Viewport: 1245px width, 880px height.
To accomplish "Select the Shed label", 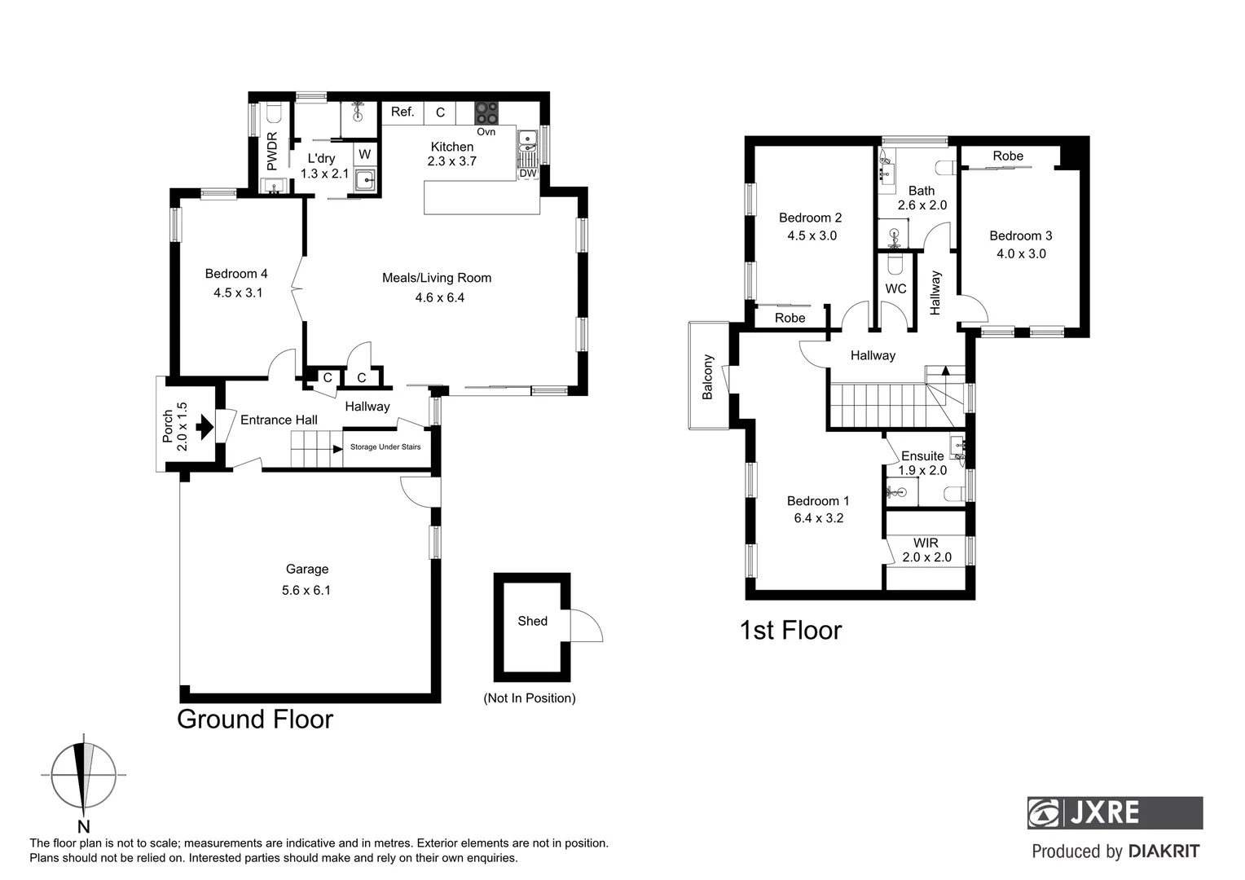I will [x=532, y=621].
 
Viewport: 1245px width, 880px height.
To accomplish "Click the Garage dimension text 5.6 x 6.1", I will [x=306, y=590].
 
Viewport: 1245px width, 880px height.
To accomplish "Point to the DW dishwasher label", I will [x=528, y=173].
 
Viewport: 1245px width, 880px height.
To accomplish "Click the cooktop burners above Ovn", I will [x=486, y=112].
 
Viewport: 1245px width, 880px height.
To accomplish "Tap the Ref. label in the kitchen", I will [x=403, y=112].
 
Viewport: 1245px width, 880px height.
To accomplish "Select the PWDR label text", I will [x=272, y=151].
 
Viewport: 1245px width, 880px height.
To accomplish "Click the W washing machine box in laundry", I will [x=365, y=154].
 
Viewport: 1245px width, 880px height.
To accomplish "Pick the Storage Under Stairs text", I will [x=385, y=447].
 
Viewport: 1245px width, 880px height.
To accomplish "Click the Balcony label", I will [x=708, y=376].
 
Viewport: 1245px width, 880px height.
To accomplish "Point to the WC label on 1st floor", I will [x=895, y=288].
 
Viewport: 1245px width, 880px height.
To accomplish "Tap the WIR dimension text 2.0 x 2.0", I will [x=926, y=557].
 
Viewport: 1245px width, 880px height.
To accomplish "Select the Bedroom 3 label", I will [x=1020, y=235].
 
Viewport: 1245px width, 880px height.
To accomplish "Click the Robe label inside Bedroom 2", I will [x=790, y=318].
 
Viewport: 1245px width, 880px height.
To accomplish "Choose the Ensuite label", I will [x=922, y=455].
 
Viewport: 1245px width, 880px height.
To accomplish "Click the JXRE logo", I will [x=1114, y=812].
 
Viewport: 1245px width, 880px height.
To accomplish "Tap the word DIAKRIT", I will [x=1164, y=851].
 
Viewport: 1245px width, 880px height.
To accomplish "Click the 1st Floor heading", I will [x=790, y=630].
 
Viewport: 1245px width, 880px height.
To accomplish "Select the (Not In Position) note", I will [x=529, y=697].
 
